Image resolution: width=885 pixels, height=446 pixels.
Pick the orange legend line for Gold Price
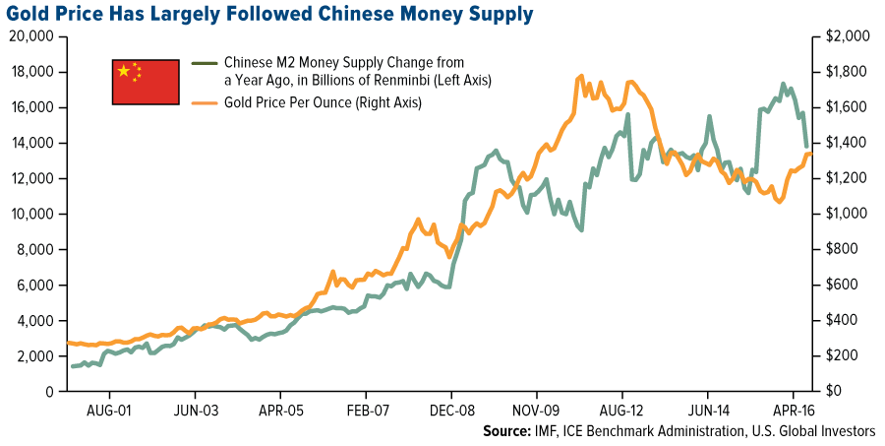click(204, 103)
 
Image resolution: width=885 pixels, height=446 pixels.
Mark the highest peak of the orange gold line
click(581, 76)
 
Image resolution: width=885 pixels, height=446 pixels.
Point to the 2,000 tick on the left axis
click(34, 355)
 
